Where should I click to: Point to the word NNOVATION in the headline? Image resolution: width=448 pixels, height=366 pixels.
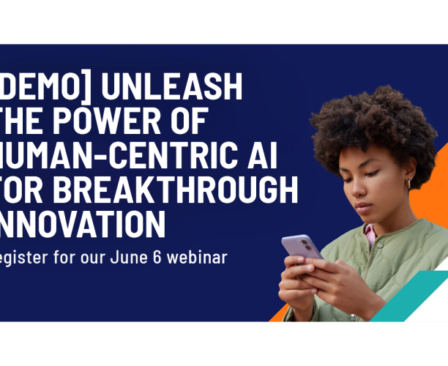[x=82, y=223]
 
